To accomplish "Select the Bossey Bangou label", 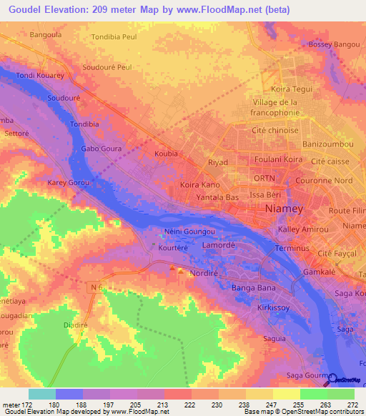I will pyautogui.click(x=334, y=44).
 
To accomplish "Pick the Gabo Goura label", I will pyautogui.click(x=102, y=149).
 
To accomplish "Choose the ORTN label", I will pyautogui.click(x=264, y=178).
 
